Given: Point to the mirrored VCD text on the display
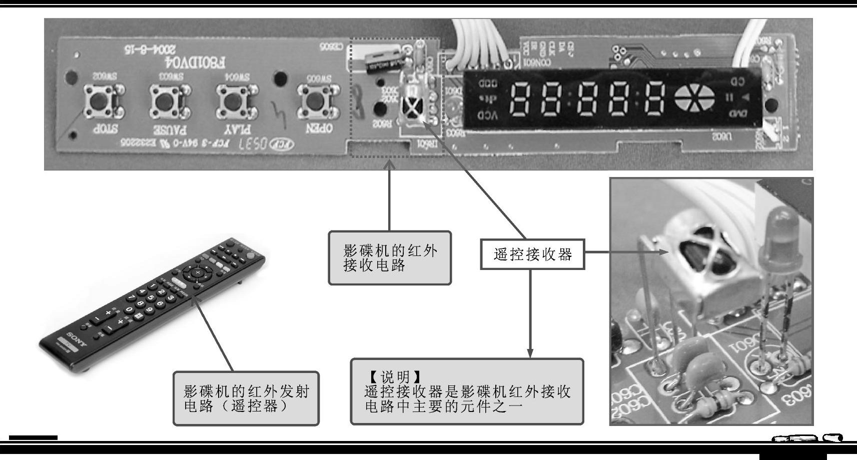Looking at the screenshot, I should [x=487, y=115].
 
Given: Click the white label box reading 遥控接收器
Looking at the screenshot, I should [x=532, y=254].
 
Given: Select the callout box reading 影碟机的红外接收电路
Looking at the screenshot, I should [x=390, y=257].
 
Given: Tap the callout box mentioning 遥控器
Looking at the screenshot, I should [x=246, y=398].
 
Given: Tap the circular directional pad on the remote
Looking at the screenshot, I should [x=197, y=273].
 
